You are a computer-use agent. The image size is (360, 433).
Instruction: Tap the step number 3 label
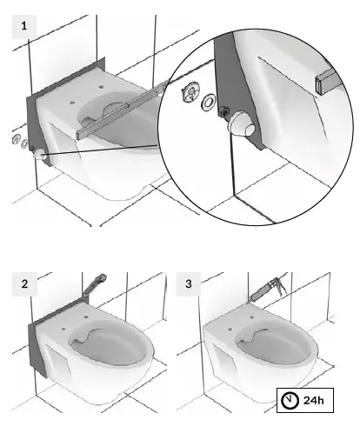tap(190, 283)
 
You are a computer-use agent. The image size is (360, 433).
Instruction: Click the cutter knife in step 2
tap(95, 282)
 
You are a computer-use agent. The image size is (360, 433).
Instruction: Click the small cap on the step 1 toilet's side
tap(39, 154)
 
